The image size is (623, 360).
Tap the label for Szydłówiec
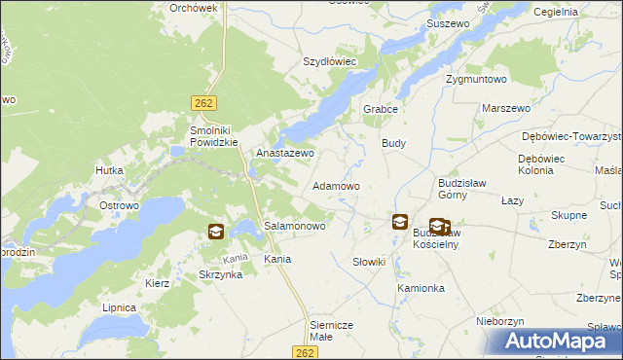pos(330,60)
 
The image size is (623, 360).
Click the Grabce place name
pos(382,109)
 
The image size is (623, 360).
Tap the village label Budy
pos(393,143)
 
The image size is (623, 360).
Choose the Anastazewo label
pos(285,154)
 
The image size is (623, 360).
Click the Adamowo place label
pos(336,185)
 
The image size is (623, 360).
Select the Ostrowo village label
pos(120,206)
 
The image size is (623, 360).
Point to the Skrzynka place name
pos(220,275)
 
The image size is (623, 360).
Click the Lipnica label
pos(119,306)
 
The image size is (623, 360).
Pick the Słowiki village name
pos(370,262)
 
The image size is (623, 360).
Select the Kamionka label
pos(421,289)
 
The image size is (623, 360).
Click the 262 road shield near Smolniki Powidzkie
pos(202,101)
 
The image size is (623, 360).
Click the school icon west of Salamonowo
pos(215,232)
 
